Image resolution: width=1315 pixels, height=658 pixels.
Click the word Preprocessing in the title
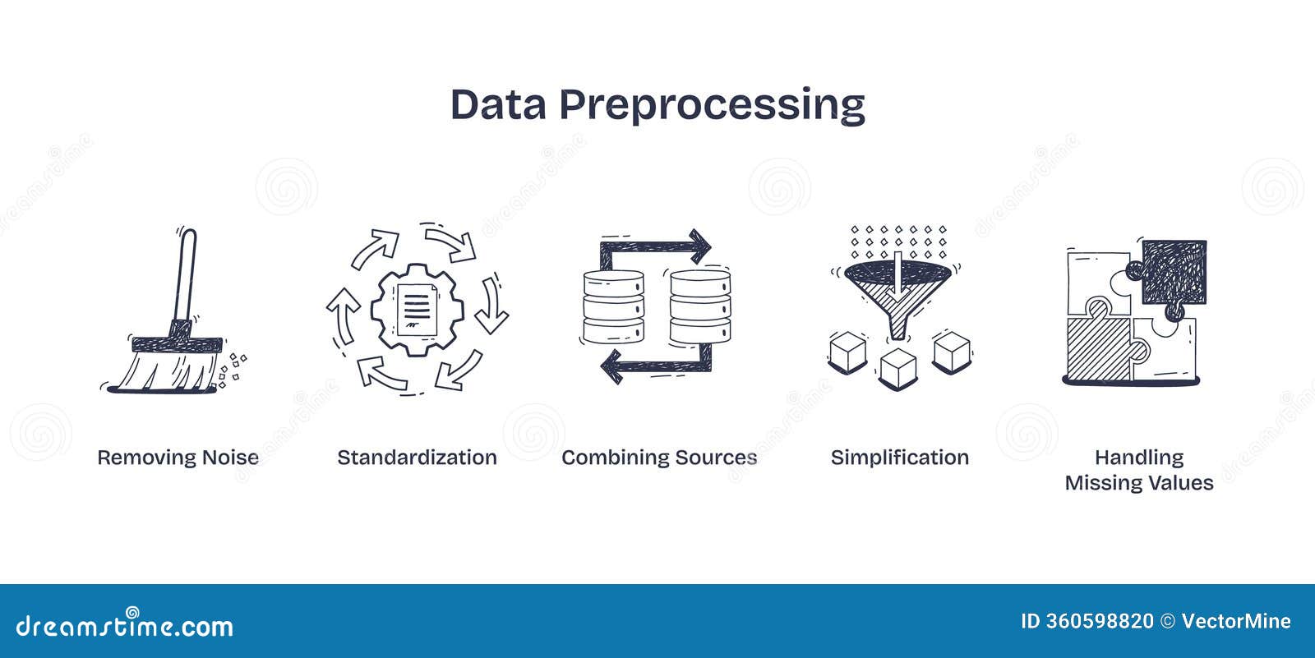point(712,106)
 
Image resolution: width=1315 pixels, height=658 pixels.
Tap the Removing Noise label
point(178,458)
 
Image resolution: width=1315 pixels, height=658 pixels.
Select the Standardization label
point(417,458)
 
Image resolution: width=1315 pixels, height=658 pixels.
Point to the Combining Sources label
point(659,458)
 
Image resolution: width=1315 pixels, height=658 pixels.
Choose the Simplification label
point(899,458)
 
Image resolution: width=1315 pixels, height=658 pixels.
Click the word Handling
point(1139,458)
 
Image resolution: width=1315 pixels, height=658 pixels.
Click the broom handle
point(186,276)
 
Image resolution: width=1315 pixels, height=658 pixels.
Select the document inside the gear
point(417,310)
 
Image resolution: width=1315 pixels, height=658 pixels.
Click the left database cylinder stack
point(613,306)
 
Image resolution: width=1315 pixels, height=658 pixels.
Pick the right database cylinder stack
point(700,306)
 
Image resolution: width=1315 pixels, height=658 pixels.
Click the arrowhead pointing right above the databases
point(700,246)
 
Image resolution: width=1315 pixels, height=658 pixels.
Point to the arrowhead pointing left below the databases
point(611,366)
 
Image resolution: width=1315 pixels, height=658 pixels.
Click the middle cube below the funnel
point(897,369)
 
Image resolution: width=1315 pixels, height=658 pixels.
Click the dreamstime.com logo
point(124,624)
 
